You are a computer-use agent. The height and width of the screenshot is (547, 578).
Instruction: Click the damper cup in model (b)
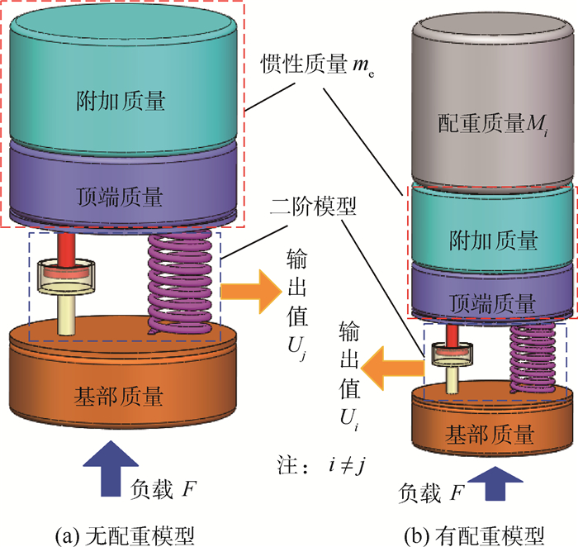(452, 353)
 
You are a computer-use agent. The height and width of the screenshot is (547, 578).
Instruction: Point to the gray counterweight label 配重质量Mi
(489, 125)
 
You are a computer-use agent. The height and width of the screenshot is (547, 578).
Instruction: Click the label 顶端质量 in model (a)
(122, 197)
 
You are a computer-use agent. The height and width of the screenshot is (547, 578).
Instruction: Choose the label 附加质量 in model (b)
(491, 240)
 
